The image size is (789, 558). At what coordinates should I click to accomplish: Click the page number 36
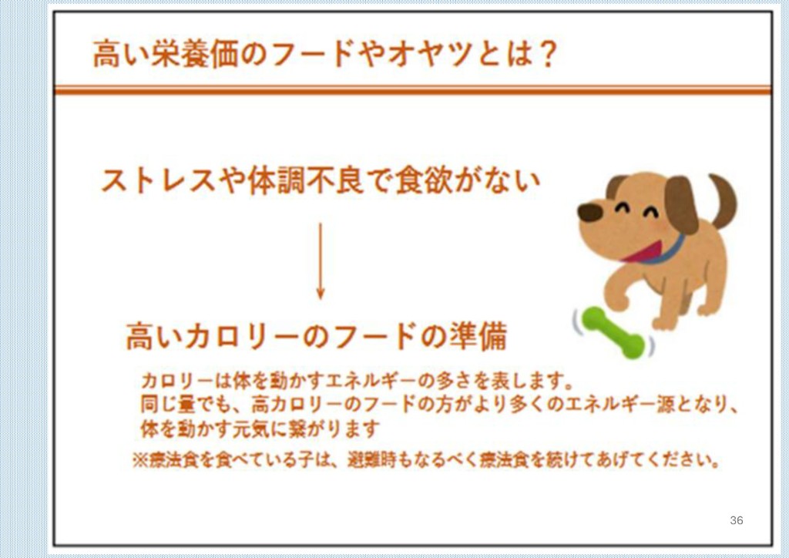click(736, 520)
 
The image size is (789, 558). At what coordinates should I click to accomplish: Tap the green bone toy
click(613, 333)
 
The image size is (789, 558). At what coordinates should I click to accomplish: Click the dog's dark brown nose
click(589, 212)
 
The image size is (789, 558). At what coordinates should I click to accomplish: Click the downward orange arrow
click(321, 261)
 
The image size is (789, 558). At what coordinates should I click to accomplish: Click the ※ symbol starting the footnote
click(140, 460)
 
